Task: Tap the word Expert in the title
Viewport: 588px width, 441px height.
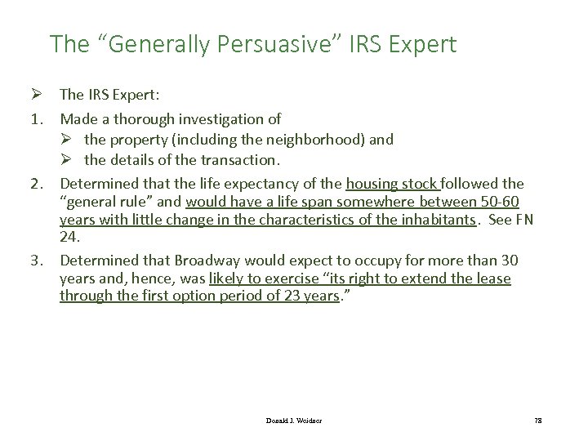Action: point(417,44)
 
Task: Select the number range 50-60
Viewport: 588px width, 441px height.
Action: point(505,201)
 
